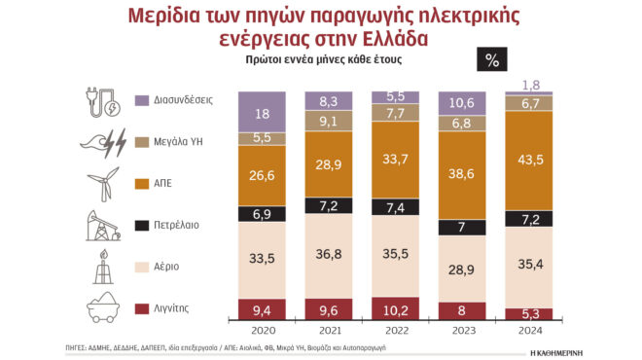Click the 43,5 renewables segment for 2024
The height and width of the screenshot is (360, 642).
point(531,159)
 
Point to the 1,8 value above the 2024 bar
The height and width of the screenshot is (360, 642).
point(532,85)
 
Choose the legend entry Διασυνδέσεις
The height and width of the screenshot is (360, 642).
point(184,99)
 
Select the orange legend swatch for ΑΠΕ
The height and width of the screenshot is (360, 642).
point(142,182)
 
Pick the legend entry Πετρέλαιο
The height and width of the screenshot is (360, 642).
point(176,224)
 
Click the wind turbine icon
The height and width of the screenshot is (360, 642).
point(100,183)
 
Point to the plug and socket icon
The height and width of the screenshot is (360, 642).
point(100,100)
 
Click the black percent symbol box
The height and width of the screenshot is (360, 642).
point(491,59)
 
